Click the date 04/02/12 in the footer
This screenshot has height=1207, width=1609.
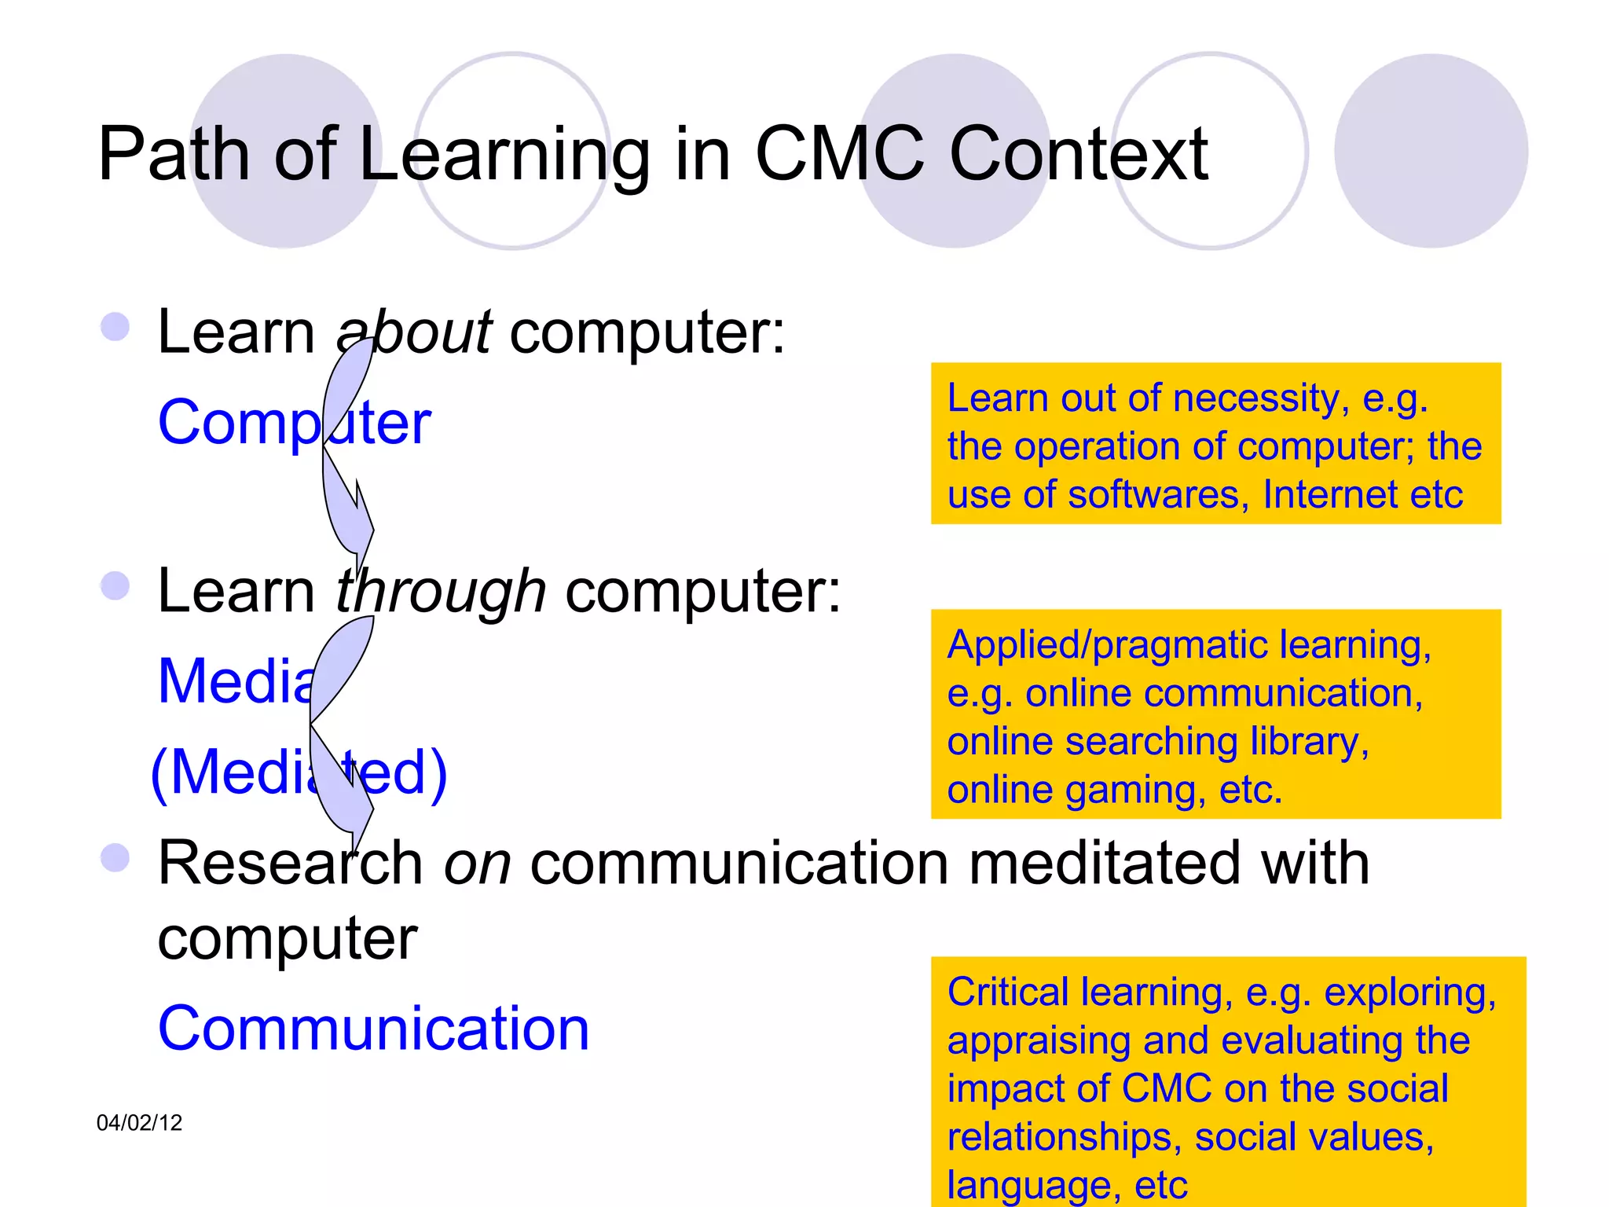click(139, 1123)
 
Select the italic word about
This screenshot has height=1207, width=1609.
click(414, 332)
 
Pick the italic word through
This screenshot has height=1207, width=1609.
click(440, 592)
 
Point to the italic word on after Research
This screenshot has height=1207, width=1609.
click(478, 864)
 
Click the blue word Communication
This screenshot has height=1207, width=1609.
click(373, 1029)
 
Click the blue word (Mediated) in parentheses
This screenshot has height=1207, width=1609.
click(299, 773)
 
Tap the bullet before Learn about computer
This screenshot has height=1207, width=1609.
click(115, 327)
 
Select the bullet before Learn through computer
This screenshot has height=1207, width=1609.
click(115, 585)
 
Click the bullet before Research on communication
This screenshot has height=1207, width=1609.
click(115, 857)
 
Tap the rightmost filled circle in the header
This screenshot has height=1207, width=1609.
click(1431, 151)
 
